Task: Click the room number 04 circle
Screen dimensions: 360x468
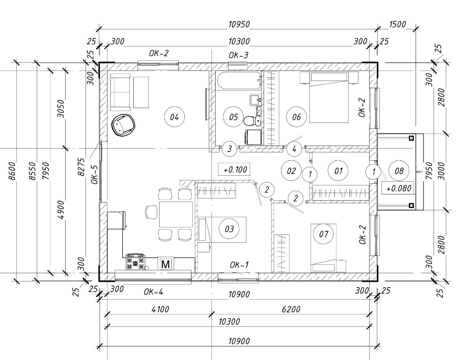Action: click(174, 117)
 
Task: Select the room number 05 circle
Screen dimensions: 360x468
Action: click(234, 117)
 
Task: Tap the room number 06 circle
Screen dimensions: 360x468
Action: click(296, 117)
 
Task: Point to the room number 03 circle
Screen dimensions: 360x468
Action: click(229, 229)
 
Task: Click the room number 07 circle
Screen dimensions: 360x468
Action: click(323, 234)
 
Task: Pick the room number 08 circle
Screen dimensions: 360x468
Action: click(399, 171)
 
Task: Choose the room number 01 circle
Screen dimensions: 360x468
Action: click(338, 171)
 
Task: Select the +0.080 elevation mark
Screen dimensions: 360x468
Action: click(398, 188)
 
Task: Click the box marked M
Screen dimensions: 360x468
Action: click(166, 264)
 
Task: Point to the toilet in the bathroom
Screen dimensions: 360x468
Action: click(250, 120)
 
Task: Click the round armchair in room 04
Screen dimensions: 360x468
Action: click(123, 125)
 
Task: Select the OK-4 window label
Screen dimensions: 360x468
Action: click(153, 292)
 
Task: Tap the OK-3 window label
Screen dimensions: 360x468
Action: click(238, 55)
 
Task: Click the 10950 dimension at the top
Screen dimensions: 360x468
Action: click(239, 24)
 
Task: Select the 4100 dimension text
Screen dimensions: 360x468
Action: click(160, 309)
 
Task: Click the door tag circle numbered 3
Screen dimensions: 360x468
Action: click(229, 149)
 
